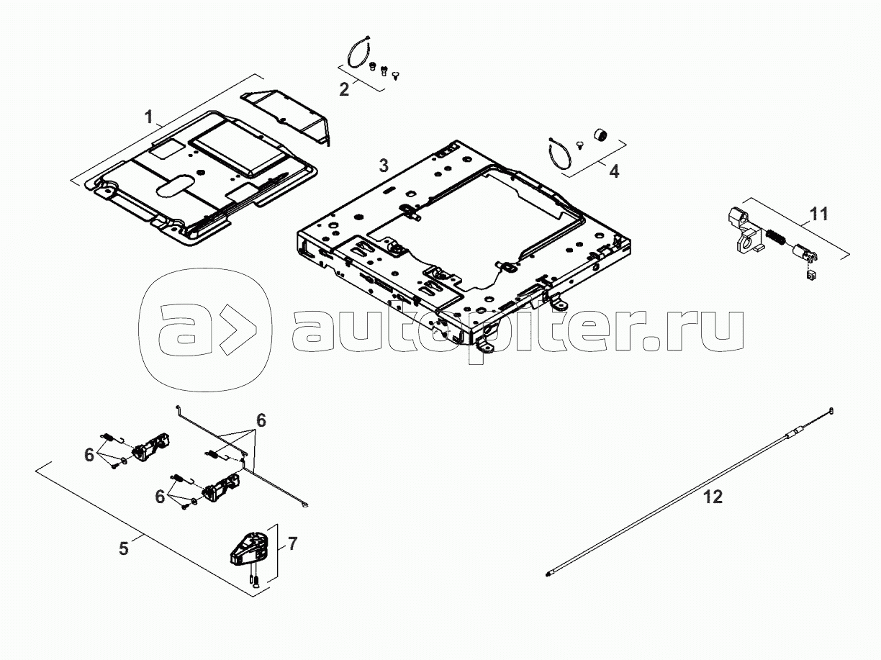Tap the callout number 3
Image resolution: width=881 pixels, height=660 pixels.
coord(384,166)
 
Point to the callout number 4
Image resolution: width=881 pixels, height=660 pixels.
coord(613,172)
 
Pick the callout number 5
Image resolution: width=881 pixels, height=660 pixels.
coord(124,548)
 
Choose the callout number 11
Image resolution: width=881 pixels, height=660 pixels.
coord(819,213)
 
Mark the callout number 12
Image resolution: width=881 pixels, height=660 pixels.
coord(713,497)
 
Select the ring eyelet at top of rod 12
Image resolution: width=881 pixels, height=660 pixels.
coord(831,411)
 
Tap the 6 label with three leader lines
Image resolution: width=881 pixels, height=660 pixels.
coord(261,420)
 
